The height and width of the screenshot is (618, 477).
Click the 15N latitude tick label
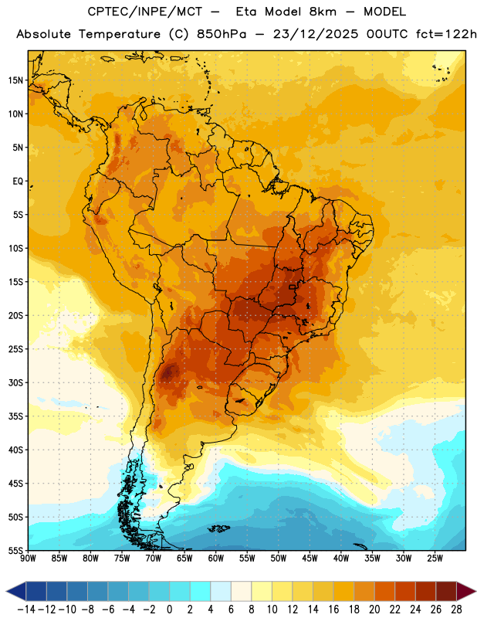pyautogui.click(x=15, y=80)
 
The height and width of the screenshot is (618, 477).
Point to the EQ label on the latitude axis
pyautogui.click(x=18, y=182)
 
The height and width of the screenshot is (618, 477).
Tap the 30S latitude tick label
pyautogui.click(x=15, y=382)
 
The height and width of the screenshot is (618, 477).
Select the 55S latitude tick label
pyautogui.click(x=15, y=550)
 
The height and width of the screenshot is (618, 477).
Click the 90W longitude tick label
pyautogui.click(x=28, y=559)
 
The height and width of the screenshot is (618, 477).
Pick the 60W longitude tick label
pyautogui.click(x=216, y=559)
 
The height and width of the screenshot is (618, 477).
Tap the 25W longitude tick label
pyautogui.click(x=435, y=559)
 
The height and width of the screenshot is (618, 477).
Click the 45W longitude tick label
pyautogui.click(x=310, y=559)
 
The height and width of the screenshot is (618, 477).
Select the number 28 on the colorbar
pyautogui.click(x=456, y=610)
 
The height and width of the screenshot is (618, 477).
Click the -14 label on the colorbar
pyautogui.click(x=26, y=610)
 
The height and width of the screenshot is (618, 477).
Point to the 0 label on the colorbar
pyautogui.click(x=169, y=610)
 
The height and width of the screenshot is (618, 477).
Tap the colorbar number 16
pyautogui.click(x=333, y=610)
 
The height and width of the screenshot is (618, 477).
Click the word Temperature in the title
pyautogui.click(x=119, y=34)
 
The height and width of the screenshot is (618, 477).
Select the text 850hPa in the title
pyautogui.click(x=222, y=34)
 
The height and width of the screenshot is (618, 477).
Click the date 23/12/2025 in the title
pyautogui.click(x=316, y=34)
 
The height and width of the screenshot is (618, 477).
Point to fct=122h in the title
pyautogui.click(x=446, y=34)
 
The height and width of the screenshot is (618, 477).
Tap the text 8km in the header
pyautogui.click(x=323, y=12)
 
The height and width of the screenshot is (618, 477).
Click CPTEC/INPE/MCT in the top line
pyautogui.click(x=145, y=12)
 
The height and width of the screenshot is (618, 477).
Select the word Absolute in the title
pyautogui.click(x=43, y=34)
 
